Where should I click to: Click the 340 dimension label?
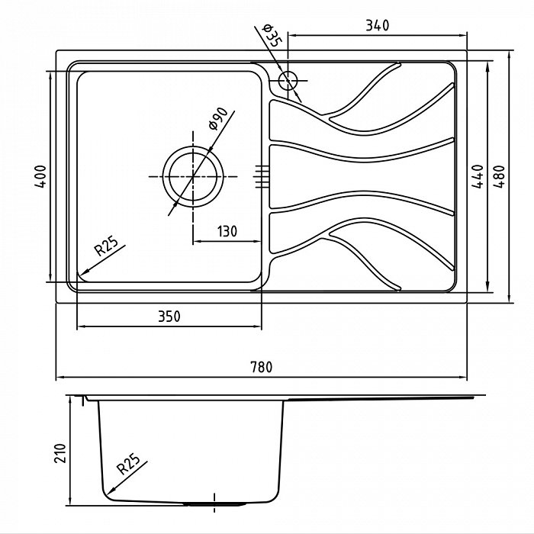click(x=377, y=25)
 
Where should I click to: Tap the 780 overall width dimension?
click(x=262, y=367)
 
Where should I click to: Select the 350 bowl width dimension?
click(x=169, y=317)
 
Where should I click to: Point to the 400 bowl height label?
click(x=40, y=176)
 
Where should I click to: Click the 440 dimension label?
click(x=478, y=176)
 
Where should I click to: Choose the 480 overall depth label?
click(x=499, y=176)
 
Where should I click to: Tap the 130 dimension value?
click(x=227, y=232)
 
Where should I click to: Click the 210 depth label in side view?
click(x=60, y=453)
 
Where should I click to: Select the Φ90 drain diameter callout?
click(x=218, y=117)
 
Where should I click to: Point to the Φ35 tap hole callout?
click(x=272, y=35)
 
